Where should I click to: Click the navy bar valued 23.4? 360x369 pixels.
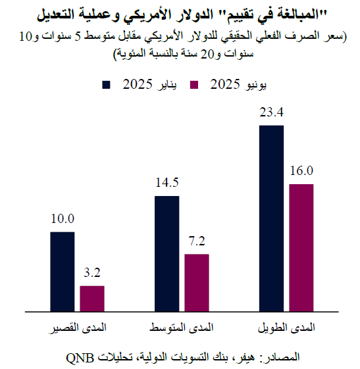point(272,217)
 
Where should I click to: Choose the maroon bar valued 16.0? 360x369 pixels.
point(301,247)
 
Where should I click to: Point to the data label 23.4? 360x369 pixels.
point(272,112)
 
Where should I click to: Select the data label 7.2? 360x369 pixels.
point(197,241)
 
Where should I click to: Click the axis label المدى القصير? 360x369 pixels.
point(76,326)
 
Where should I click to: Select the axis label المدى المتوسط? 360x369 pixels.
point(182,326)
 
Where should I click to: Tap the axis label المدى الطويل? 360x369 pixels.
point(287,326)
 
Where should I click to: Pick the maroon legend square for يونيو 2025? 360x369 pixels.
point(194,85)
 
